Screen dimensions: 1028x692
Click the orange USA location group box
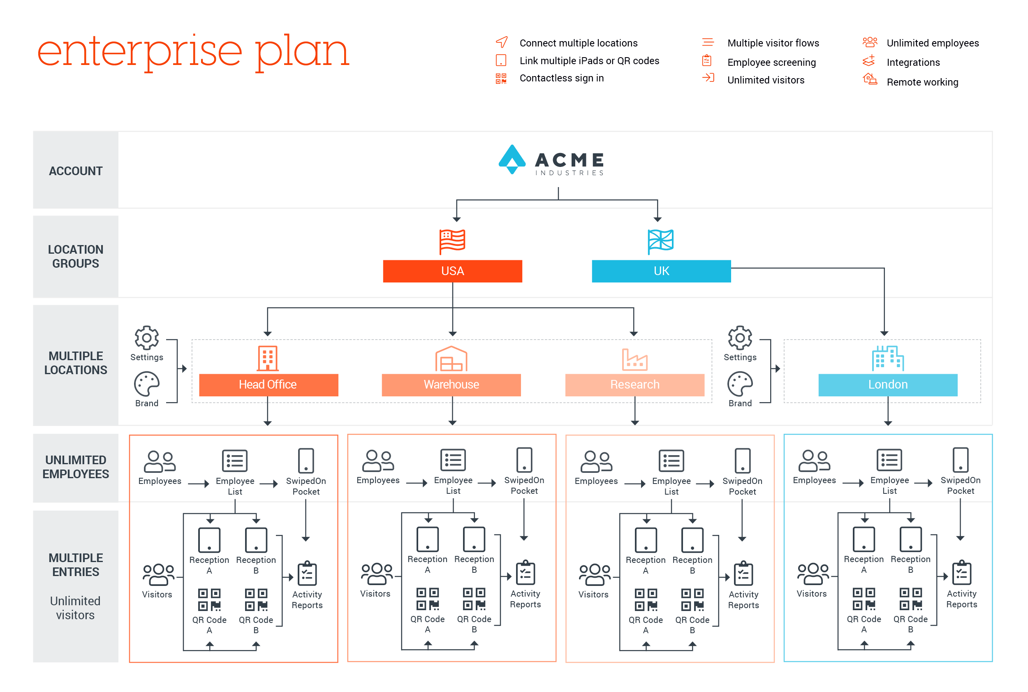click(x=452, y=271)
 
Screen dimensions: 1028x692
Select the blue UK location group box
click(x=661, y=271)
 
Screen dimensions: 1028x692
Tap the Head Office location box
click(x=269, y=385)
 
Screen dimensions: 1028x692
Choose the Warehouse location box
click(x=451, y=385)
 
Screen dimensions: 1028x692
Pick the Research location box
click(x=635, y=385)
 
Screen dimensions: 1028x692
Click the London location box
click(x=888, y=385)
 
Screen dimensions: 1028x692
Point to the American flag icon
click(x=452, y=242)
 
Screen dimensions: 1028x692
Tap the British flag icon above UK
click(x=660, y=242)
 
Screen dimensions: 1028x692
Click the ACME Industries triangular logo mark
click(x=512, y=159)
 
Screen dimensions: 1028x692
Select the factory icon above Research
click(x=635, y=359)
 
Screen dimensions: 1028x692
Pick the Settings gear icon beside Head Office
click(x=146, y=338)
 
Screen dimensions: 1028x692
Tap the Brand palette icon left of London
click(x=740, y=384)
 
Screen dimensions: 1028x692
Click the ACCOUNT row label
click(x=76, y=171)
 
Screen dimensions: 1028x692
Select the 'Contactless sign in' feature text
click(x=561, y=79)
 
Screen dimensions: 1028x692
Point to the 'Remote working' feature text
click(x=922, y=83)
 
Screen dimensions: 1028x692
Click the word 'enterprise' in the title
click(x=140, y=52)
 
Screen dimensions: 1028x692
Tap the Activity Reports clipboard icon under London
click(x=962, y=573)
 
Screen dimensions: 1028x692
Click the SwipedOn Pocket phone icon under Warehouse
click(x=524, y=460)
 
